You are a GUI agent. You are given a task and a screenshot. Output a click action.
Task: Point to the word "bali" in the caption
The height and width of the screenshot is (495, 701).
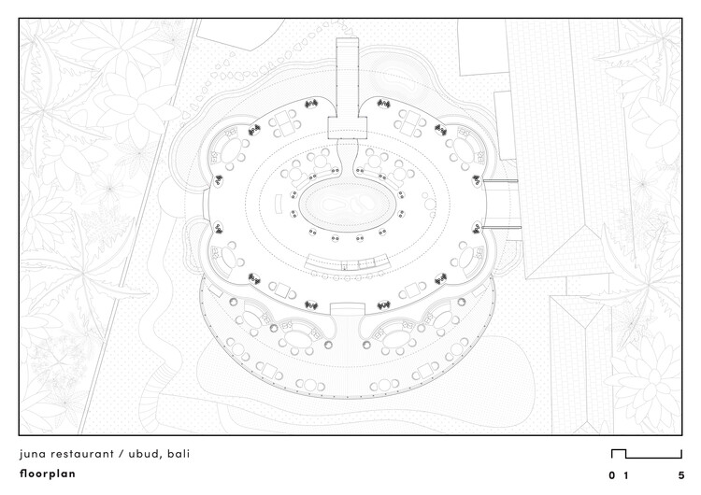179,454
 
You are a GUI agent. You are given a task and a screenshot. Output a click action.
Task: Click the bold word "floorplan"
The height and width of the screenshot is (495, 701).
48,474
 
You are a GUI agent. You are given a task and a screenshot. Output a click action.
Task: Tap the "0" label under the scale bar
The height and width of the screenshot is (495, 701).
611,475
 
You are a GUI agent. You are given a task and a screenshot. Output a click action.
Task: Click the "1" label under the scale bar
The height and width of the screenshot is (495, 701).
626,475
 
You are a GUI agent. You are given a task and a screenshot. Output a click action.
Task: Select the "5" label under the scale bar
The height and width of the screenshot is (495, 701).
680,475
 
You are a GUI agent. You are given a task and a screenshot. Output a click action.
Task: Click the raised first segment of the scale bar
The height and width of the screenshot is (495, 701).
619,450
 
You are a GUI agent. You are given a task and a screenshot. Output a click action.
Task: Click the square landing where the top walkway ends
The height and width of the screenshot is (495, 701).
348,128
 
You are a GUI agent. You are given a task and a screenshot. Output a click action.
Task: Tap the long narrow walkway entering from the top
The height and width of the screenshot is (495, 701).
348,77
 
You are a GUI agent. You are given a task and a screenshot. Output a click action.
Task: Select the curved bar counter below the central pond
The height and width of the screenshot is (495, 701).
347,262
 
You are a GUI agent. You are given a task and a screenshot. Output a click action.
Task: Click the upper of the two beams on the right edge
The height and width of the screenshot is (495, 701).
500,181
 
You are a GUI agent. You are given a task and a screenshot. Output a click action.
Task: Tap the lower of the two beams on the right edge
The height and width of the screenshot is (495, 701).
502,227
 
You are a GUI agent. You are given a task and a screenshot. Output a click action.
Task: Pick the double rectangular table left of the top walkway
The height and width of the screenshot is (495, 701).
284,122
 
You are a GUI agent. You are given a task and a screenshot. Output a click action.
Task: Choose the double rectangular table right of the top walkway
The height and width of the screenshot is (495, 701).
410,122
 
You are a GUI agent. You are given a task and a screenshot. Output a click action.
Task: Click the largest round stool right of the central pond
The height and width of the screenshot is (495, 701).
430,205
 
